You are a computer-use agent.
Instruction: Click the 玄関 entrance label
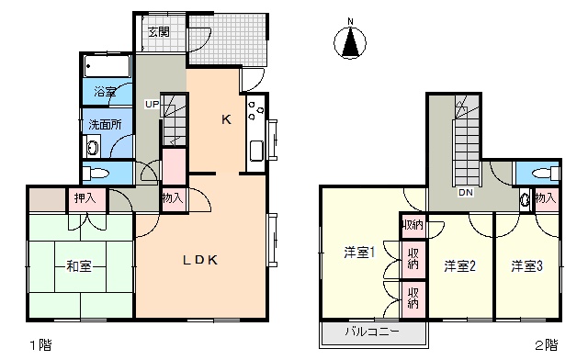point(159,32)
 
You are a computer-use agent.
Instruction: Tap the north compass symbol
point(350,40)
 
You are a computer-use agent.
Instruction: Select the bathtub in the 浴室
point(107,66)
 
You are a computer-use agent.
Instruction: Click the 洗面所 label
point(105,124)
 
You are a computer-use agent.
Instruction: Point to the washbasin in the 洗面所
point(93,147)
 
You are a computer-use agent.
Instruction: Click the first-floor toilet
point(96,174)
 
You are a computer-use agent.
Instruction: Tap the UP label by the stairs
point(153,104)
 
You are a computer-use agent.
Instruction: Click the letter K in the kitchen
point(226,119)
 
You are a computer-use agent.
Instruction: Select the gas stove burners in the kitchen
point(256,110)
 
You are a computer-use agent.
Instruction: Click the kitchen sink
point(256,152)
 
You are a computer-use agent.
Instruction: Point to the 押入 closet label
point(85,197)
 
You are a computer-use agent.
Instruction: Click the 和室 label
point(79,266)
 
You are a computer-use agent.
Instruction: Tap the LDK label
point(200,260)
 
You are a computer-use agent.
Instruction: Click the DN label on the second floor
point(466,192)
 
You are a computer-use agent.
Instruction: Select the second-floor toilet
point(546,174)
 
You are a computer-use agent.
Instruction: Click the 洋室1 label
point(359,253)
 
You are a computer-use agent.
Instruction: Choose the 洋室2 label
point(459,266)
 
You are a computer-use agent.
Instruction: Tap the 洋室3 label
point(526,266)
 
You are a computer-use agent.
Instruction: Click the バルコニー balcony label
point(372,332)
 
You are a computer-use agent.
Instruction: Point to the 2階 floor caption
point(547,345)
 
